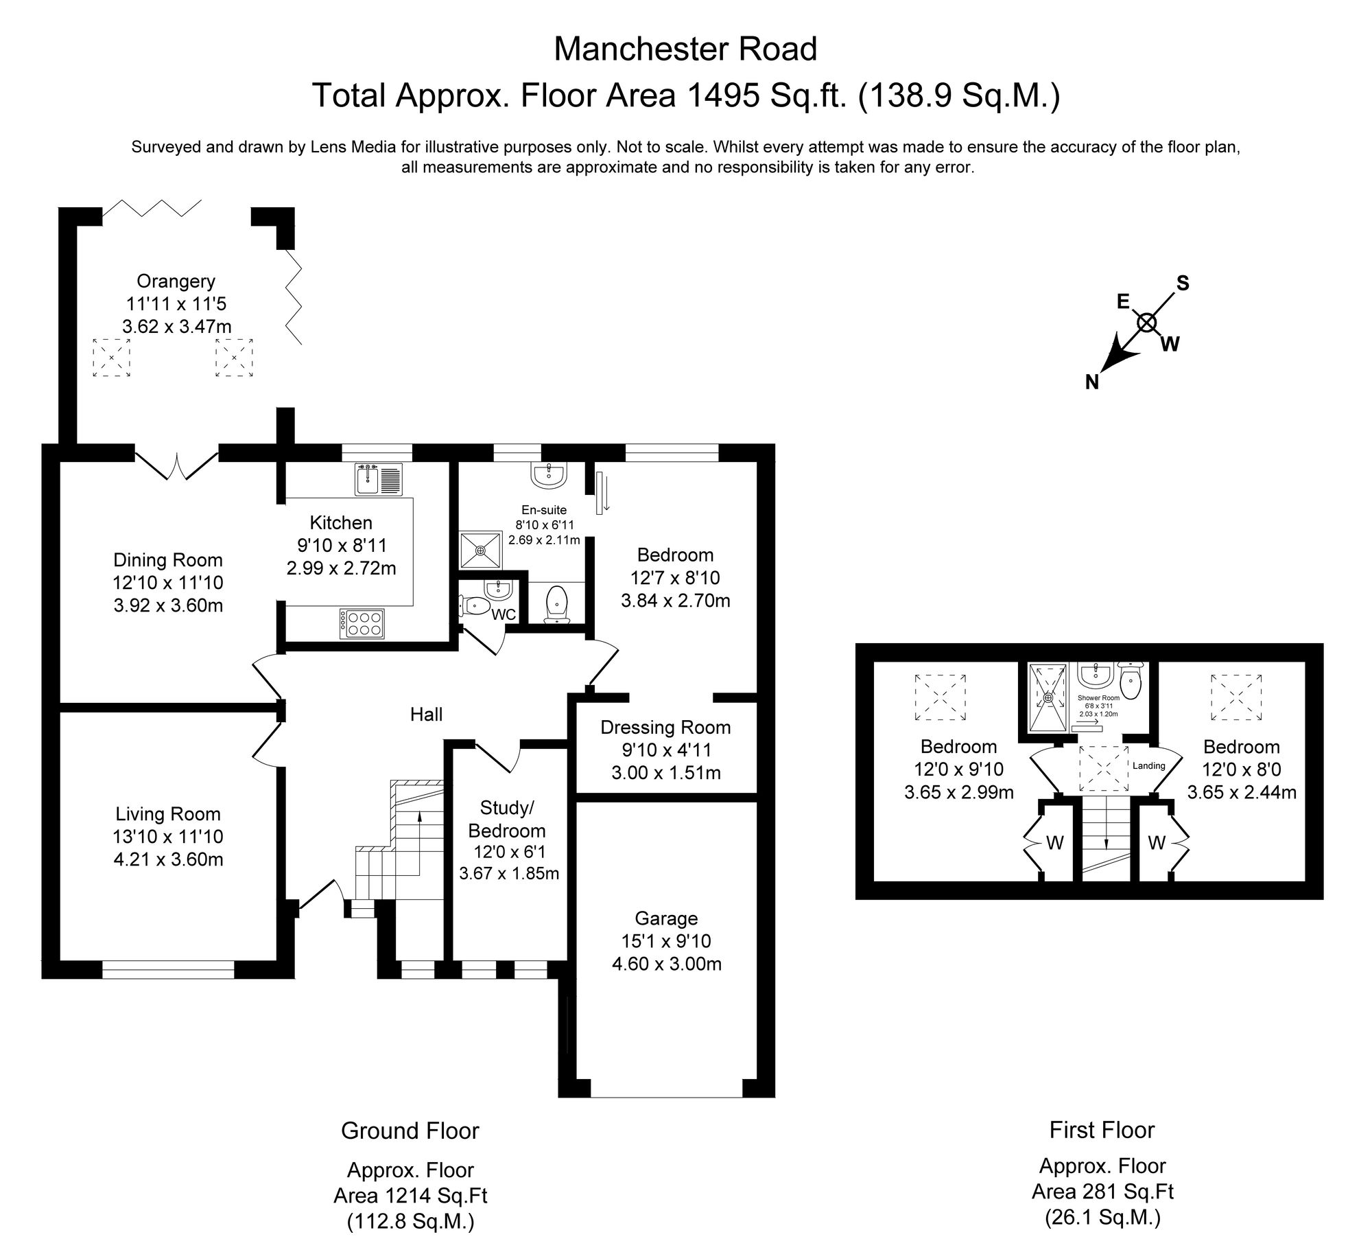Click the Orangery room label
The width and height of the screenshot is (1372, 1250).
[x=176, y=281]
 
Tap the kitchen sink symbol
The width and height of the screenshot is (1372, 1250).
[x=379, y=479]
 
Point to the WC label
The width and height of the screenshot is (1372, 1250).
[x=504, y=615]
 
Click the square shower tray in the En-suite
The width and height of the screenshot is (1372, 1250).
[x=480, y=550]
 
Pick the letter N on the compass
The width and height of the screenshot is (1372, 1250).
[x=1092, y=383]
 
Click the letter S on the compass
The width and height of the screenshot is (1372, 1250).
[x=1183, y=283]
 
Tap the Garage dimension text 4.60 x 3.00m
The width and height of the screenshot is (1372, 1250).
[x=666, y=964]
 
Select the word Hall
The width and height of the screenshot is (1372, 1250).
[x=426, y=715]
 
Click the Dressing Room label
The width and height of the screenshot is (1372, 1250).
[x=665, y=727]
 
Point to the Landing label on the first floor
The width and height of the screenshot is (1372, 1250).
[x=1148, y=765]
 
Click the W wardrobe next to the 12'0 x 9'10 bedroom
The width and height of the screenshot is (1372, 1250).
[x=1054, y=843]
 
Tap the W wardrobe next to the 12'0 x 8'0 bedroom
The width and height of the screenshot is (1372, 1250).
[x=1157, y=843]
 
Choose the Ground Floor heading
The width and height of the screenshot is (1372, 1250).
[x=410, y=1131]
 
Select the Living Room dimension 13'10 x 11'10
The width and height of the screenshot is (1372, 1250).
[x=168, y=837]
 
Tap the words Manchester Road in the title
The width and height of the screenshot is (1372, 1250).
[x=685, y=49]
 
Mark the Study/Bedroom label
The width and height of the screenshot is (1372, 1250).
[x=506, y=819]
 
